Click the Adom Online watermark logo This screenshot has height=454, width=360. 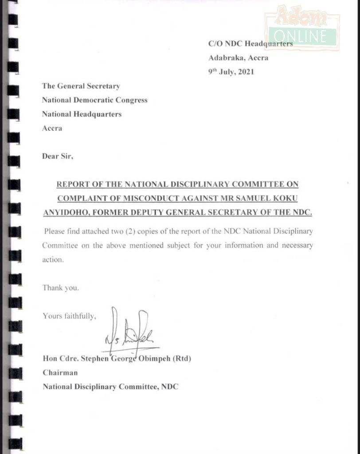click(x=302, y=27)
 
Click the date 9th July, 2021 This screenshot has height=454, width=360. click(x=231, y=71)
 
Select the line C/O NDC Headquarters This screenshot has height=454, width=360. click(x=250, y=43)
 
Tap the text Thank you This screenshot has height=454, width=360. click(x=61, y=288)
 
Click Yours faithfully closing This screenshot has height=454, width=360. click(x=69, y=316)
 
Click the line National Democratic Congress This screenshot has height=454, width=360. click(x=94, y=100)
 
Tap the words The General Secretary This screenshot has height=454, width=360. click(x=81, y=86)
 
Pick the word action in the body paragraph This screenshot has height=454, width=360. click(x=53, y=260)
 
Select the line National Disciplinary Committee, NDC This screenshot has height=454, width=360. click(x=110, y=387)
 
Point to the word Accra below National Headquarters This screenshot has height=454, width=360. click(x=52, y=129)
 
